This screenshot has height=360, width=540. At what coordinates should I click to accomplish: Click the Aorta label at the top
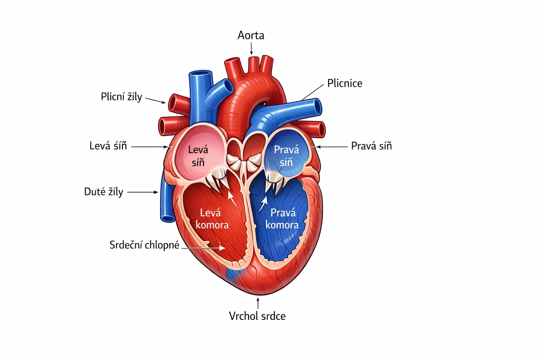(x=251, y=36)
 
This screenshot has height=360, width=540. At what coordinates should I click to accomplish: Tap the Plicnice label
(x=345, y=83)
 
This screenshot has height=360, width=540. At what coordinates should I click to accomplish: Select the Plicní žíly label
(x=121, y=97)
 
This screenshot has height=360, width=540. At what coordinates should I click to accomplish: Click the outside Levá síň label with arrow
(x=108, y=146)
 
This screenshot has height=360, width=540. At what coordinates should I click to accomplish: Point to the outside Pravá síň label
(x=371, y=146)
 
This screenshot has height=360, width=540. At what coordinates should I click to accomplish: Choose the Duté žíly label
(x=104, y=192)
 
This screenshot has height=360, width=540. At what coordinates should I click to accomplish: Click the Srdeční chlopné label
(x=144, y=245)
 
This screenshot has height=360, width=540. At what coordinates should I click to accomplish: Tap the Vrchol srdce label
(x=257, y=316)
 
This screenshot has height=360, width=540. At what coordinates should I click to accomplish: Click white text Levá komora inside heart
(x=212, y=219)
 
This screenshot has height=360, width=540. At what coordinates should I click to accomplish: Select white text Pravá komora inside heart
(x=282, y=219)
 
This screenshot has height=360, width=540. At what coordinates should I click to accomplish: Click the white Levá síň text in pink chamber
(x=198, y=156)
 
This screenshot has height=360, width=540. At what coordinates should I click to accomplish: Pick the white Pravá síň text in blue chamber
(x=287, y=156)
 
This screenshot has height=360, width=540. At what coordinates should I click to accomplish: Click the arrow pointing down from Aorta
(x=251, y=49)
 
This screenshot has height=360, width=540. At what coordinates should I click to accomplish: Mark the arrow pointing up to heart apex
(x=258, y=303)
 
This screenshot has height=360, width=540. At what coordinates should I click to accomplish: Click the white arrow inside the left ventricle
(x=232, y=198)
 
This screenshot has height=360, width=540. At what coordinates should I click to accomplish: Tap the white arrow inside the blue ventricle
(x=263, y=204)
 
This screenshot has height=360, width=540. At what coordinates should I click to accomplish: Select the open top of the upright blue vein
(x=201, y=74)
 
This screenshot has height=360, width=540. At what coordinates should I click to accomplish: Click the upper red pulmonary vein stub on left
(x=173, y=103)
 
